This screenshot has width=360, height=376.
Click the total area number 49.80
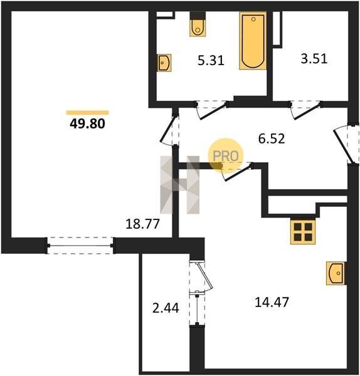point(87,123)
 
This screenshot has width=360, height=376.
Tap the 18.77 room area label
point(142,224)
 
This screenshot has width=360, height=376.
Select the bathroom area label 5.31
point(211,60)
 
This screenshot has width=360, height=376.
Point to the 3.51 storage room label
point(314,58)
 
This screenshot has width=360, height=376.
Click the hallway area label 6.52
point(272,138)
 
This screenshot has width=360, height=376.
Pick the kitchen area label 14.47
point(272,302)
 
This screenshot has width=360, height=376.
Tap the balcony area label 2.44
point(166,308)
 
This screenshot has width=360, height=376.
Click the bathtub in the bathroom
point(253,41)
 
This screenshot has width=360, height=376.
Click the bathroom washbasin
point(164,63)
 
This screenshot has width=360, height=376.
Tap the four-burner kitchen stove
point(303,232)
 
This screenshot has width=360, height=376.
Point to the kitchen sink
point(336,273)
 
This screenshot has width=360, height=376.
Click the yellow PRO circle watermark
point(225,155)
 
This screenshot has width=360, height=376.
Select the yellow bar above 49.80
point(88,113)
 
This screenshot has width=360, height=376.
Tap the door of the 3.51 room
point(305,110)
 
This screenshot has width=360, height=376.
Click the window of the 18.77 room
point(80,246)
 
